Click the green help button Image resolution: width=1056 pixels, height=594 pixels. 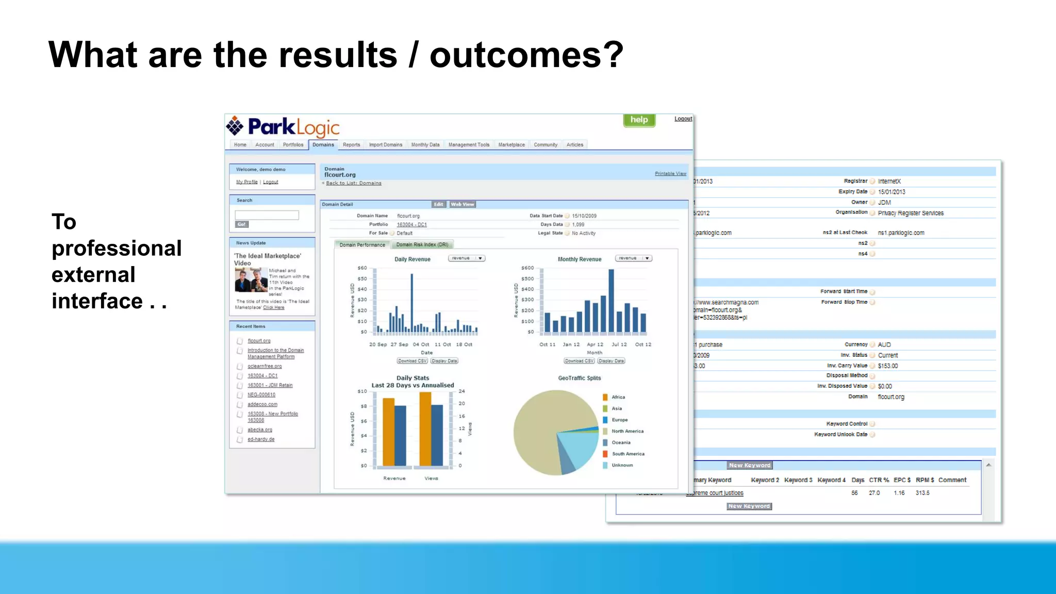click(x=639, y=120)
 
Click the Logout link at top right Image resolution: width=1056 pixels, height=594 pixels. click(x=683, y=119)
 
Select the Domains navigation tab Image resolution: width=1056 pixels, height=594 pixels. click(x=323, y=145)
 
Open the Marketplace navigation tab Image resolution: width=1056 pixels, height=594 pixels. click(x=511, y=145)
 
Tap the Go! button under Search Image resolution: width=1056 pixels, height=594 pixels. click(x=242, y=224)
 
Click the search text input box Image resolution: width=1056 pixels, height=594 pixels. click(x=267, y=215)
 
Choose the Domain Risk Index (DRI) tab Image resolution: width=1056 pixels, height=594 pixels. click(x=422, y=245)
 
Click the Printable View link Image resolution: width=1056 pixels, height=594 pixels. click(x=670, y=174)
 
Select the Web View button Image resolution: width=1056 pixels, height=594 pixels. click(x=463, y=205)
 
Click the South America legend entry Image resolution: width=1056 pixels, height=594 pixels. click(x=628, y=454)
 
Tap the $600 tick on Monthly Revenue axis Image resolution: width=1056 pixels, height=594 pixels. click(x=527, y=268)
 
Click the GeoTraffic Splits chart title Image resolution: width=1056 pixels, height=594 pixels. click(x=580, y=378)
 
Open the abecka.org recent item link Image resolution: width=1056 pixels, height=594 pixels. click(x=260, y=430)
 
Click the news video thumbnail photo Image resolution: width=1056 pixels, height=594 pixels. click(x=251, y=281)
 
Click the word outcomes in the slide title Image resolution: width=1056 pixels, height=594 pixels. click(x=526, y=55)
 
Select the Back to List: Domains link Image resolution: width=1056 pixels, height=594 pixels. click(x=354, y=183)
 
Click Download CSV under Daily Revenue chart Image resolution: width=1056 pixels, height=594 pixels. click(x=412, y=361)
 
